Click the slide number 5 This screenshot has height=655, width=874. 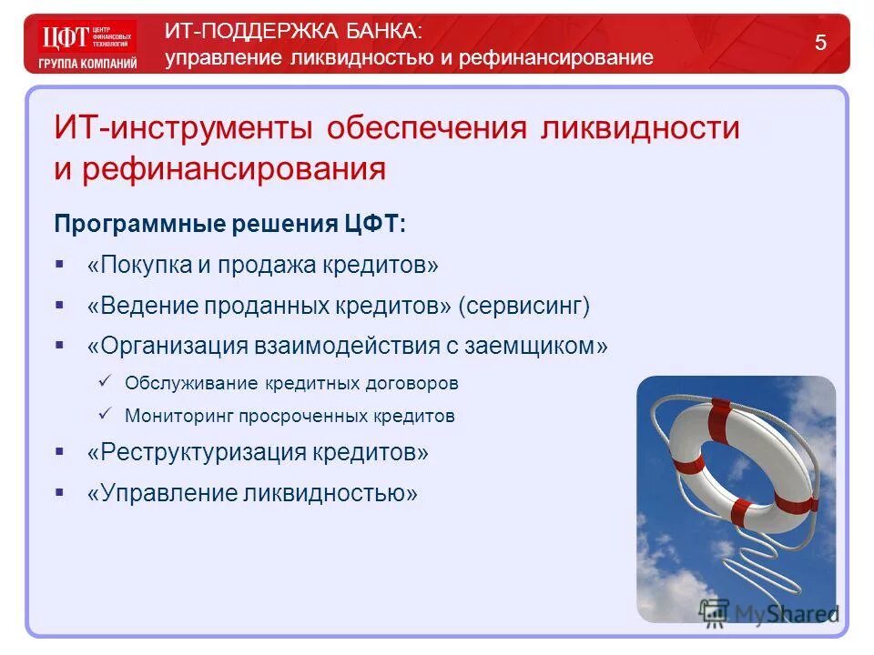(x=820, y=43)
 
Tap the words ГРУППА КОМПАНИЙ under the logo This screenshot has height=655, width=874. (x=87, y=64)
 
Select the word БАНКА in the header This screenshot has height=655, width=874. (x=382, y=31)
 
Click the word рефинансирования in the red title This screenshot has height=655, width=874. (x=234, y=169)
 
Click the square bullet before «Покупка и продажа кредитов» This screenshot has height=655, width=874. (x=60, y=264)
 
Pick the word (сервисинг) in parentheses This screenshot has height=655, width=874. (x=524, y=306)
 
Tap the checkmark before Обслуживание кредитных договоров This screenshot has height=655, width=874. (x=104, y=381)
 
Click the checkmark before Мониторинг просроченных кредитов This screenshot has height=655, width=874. (x=104, y=414)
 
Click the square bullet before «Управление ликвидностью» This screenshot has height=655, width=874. (x=60, y=492)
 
